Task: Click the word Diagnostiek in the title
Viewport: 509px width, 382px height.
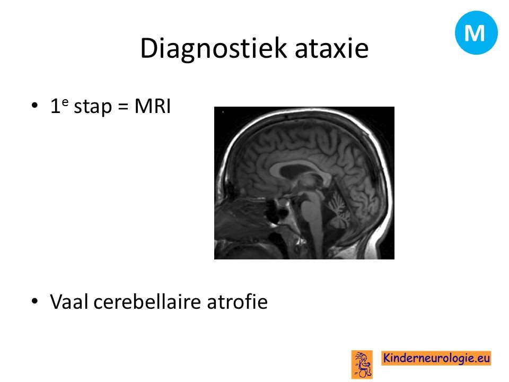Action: pos(214,49)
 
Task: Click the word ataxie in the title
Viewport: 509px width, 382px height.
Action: pos(331,49)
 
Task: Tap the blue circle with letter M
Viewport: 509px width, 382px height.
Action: pos(476,32)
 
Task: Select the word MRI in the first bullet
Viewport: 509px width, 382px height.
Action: pos(153,106)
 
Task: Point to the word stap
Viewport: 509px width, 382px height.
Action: pos(93,107)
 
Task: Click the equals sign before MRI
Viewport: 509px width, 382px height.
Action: pos(123,107)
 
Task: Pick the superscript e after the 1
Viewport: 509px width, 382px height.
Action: pos(65,102)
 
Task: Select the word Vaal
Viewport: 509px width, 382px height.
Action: pos(69,301)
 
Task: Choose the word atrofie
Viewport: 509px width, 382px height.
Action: pos(238,301)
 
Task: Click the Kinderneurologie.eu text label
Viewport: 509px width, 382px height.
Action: pos(436,358)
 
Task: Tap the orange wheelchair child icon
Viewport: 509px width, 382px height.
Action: pos(362,364)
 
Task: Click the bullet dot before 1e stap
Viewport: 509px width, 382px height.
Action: pos(35,106)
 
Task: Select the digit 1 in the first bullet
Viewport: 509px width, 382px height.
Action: pos(55,106)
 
